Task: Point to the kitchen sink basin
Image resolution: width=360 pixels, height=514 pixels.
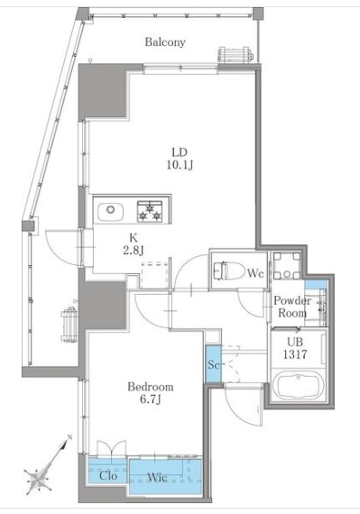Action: [x=111, y=211]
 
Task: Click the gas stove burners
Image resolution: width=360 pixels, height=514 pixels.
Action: [x=150, y=211]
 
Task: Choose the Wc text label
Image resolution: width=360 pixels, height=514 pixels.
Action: [x=254, y=271]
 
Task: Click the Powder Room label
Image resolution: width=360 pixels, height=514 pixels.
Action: [x=292, y=307]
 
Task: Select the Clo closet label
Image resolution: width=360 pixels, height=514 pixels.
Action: [x=107, y=474]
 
